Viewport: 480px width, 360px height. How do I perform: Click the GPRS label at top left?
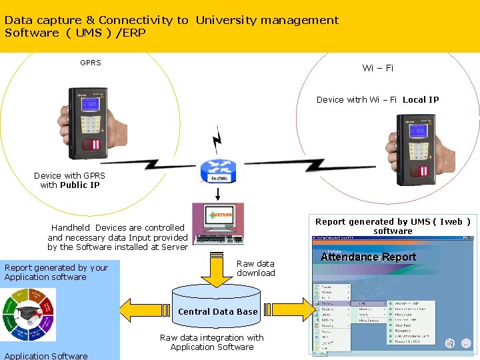click(x=91, y=63)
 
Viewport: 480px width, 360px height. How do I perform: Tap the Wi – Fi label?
click(x=377, y=68)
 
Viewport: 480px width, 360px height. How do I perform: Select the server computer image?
click(x=218, y=224)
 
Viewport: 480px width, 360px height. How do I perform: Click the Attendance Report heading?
click(x=368, y=257)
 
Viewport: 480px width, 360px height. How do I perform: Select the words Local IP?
click(x=421, y=100)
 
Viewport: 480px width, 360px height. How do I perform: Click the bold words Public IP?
click(x=79, y=185)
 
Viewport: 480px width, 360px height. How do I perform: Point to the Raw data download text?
click(x=255, y=268)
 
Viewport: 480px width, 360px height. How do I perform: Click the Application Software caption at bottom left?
click(x=46, y=356)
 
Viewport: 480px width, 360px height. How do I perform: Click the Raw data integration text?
click(x=212, y=342)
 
